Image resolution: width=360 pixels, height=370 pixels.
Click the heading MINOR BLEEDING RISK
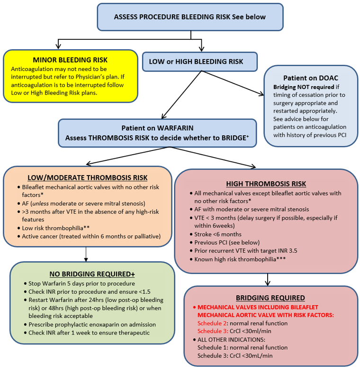coord(70,60)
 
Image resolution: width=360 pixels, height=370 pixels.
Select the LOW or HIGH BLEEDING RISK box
coord(199,62)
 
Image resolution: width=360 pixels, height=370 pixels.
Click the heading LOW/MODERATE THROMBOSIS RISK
coord(87,178)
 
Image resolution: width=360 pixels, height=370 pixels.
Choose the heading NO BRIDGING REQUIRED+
coord(92,274)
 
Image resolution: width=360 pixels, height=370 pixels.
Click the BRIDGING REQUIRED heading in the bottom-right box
coord(270,298)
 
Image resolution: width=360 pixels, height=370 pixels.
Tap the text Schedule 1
coord(212,347)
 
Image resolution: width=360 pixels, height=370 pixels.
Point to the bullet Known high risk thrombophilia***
coord(240,259)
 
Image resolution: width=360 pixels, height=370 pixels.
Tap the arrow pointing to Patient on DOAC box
coord(261,95)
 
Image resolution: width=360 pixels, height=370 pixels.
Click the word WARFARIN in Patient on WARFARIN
coord(175,128)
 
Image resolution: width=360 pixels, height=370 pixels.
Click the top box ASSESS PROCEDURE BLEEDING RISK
coord(190,17)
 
